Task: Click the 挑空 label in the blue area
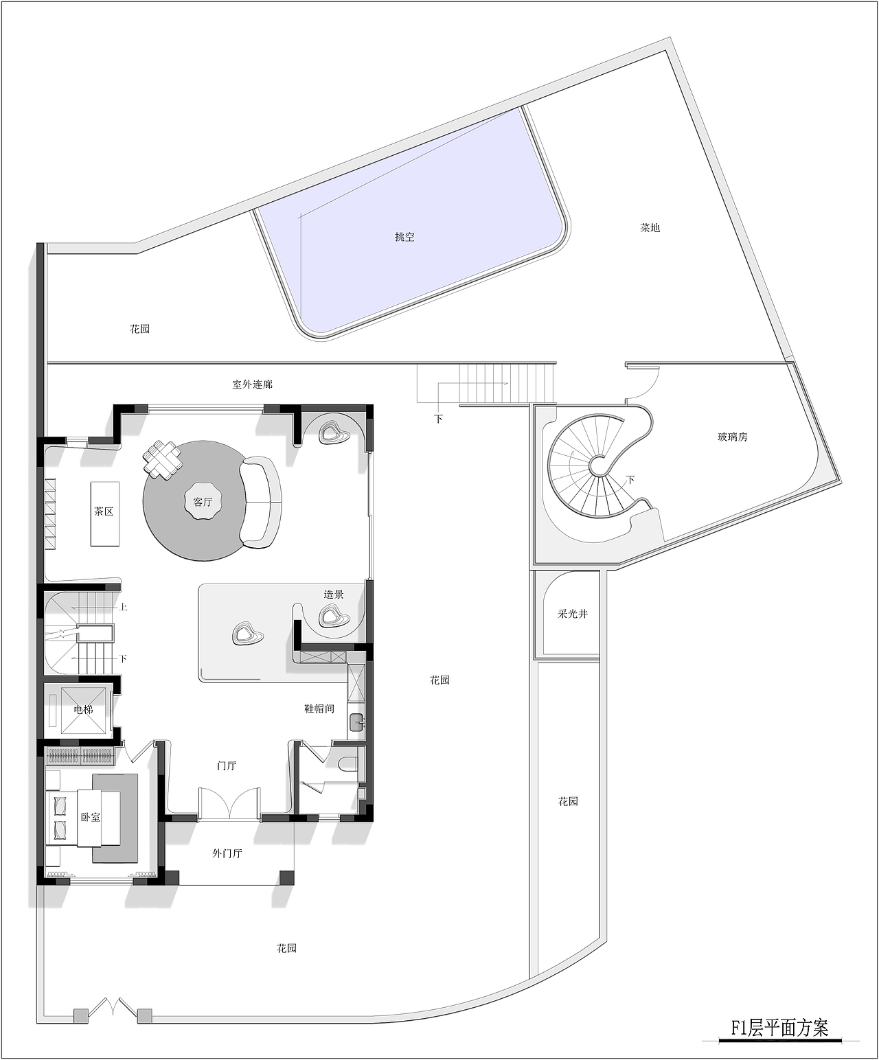404,237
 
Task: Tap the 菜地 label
650,228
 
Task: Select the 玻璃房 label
732,437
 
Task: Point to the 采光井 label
572,614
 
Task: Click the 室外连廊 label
253,384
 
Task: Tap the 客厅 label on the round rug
203,502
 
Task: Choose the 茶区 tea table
105,514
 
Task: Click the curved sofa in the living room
262,502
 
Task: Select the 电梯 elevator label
83,709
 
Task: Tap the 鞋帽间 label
319,708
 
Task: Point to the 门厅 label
227,765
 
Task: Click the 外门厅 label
227,853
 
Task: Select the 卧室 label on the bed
91,817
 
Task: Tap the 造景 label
334,594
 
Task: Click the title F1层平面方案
779,1027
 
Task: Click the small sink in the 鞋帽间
356,721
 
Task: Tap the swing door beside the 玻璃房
642,383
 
